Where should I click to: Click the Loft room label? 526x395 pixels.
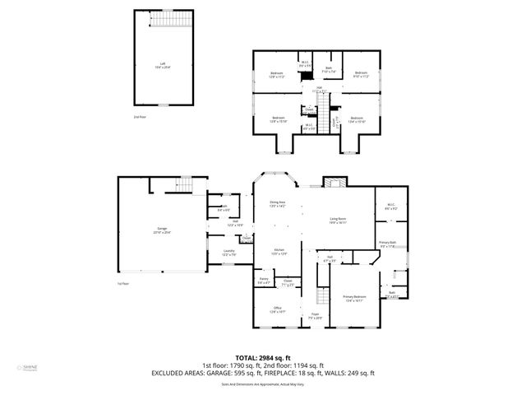point(163,64)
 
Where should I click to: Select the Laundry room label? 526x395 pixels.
point(229,253)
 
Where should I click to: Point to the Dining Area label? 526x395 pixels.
point(277,203)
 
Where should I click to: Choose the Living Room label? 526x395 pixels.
point(338,220)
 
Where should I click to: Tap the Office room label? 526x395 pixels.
point(277,309)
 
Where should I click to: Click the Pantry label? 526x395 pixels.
point(264,281)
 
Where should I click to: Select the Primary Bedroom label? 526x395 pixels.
point(354,300)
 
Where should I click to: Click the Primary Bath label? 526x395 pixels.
point(387,244)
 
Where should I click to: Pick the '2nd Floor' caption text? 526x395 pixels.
point(141,117)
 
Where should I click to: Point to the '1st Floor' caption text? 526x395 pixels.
point(122,283)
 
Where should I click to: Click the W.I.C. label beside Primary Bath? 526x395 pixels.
point(392,207)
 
